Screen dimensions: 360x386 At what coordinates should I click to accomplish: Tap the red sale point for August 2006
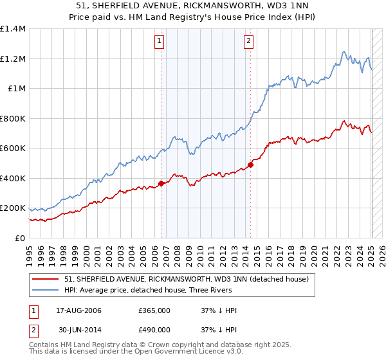161,184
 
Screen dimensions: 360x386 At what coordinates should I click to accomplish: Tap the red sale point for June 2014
250,165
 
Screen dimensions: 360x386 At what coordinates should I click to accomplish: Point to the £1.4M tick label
13,29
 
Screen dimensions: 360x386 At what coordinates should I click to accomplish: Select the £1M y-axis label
17,89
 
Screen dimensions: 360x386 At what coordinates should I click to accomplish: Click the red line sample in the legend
46,279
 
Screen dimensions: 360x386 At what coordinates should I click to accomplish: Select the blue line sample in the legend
46,290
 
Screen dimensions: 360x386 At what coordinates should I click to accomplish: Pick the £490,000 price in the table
154,329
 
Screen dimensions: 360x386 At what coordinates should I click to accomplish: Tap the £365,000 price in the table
154,310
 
